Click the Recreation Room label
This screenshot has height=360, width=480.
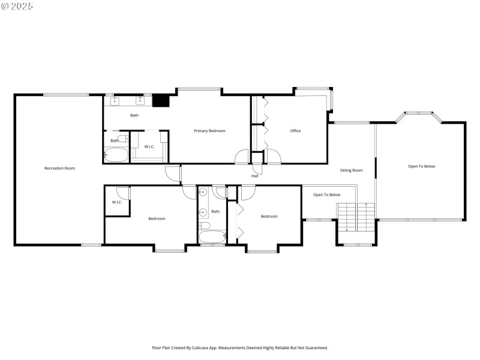click(59, 168)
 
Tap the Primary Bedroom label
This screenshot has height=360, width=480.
click(209, 130)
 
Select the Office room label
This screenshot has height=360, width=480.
click(295, 130)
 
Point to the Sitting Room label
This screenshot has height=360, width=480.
click(351, 170)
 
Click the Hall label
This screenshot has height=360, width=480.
click(255, 176)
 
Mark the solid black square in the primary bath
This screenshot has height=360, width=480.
click(160, 101)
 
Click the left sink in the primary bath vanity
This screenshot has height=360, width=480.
click(115, 101)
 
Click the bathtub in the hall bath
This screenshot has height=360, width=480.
click(212, 236)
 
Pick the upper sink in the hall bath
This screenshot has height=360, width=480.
click(203, 193)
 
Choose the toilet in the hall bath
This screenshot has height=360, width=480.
click(204, 226)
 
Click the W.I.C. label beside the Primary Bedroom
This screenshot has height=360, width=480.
click(149, 147)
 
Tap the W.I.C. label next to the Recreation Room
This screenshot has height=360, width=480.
click(117, 202)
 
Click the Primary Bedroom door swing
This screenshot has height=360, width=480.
click(241, 157)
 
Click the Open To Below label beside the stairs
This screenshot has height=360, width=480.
click(326, 194)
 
